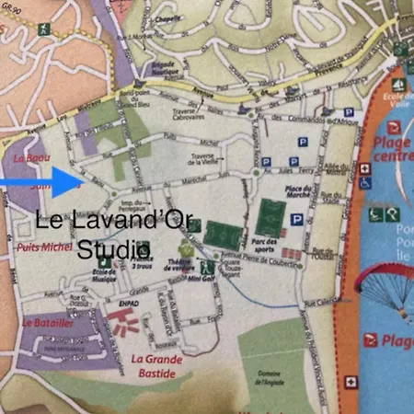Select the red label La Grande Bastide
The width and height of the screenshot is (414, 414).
click(157, 365)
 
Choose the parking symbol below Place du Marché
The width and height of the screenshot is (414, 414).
click(296, 220)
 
